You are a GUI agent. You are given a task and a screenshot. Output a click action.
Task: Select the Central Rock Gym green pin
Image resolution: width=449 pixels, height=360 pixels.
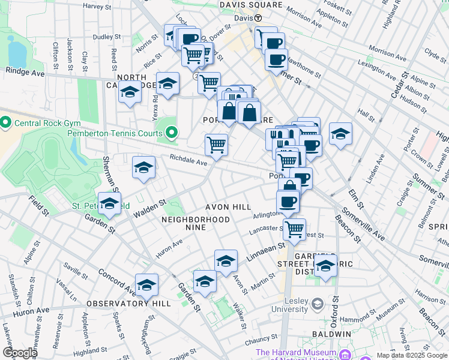click(x=6, y=124)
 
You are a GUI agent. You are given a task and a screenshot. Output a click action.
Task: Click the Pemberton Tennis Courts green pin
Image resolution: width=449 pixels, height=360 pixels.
click(x=172, y=133)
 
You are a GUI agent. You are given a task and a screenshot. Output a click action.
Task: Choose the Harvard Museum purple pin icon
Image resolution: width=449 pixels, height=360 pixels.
click(x=345, y=353)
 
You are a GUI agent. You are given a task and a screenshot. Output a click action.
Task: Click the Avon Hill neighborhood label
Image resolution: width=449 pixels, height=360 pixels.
click(x=228, y=207)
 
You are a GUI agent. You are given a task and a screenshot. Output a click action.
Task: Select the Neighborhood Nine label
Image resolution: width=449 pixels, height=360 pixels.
click(x=196, y=220)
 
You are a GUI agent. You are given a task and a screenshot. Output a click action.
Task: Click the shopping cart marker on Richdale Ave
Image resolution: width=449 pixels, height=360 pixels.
click(x=216, y=144)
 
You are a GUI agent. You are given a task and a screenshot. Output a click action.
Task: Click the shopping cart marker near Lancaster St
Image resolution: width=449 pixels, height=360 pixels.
click(x=294, y=228)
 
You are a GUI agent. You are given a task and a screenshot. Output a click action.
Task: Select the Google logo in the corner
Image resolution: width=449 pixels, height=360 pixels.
click(x=20, y=352)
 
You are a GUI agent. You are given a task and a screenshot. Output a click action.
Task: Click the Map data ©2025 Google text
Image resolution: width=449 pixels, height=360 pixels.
click(x=412, y=355)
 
